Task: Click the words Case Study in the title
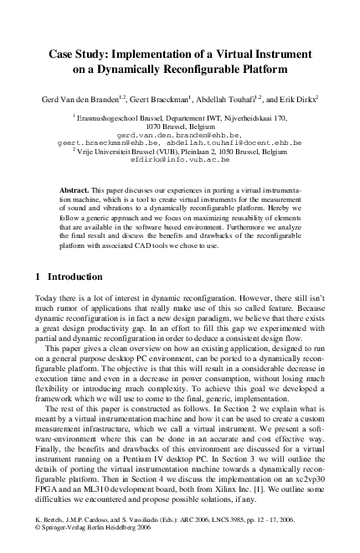[75, 48]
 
